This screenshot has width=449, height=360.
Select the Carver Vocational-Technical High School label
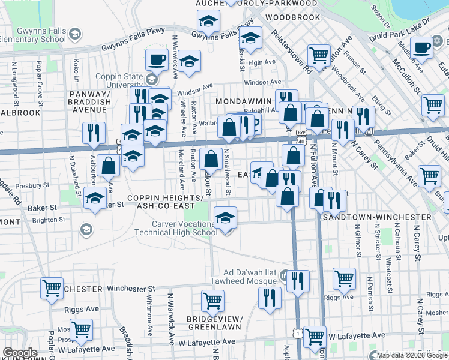(184, 229)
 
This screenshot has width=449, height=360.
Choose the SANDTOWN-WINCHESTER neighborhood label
(377, 217)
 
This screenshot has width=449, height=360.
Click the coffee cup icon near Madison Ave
(421, 48)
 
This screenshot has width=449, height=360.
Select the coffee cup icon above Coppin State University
(157, 61)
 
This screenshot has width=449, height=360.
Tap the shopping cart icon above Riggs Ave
(344, 278)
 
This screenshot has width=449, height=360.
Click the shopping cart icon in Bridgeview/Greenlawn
(212, 301)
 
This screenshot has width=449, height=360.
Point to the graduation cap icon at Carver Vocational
(225, 218)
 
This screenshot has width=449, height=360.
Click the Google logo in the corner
(20, 353)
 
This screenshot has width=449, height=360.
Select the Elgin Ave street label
(261, 62)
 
